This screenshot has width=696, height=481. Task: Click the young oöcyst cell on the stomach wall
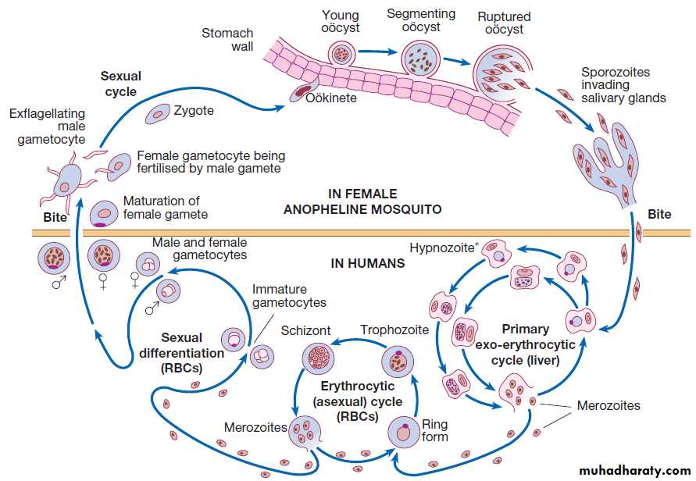pos(341,54)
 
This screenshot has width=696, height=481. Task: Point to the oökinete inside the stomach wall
pos(302,93)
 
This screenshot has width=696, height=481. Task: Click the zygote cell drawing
pos(159,114)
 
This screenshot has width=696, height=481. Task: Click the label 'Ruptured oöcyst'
pos(504,23)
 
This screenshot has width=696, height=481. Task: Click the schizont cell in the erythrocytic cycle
pos(318,361)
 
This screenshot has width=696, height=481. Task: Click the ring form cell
pos(405,433)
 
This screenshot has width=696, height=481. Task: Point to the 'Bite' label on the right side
pos(659,214)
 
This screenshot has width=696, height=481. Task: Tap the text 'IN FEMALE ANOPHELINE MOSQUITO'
pos(362,201)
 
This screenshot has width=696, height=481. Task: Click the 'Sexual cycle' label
pos(121,84)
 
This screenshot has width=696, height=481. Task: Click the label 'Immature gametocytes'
pos(288,296)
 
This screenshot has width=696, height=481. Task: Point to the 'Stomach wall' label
pos(227,40)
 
